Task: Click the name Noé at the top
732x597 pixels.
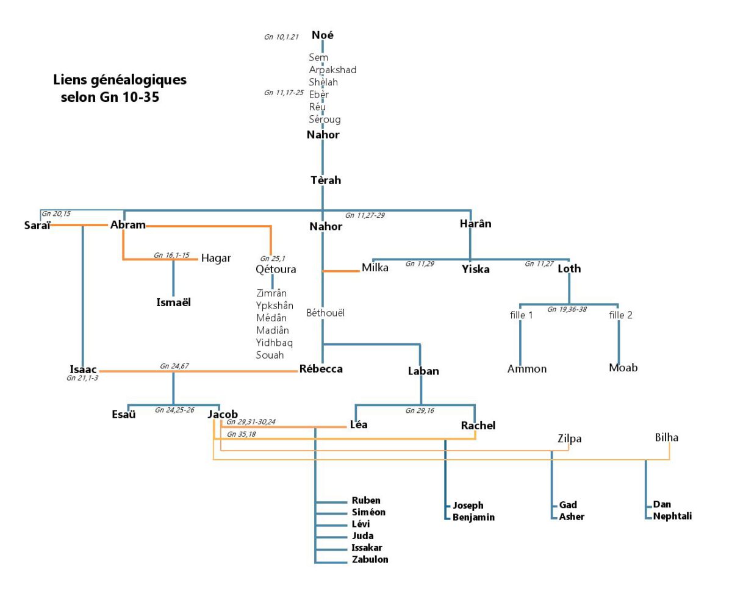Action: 323,35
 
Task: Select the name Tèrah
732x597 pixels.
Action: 323,181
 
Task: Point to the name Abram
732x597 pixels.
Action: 128,225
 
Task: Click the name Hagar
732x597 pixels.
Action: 216,258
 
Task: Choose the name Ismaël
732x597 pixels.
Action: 174,302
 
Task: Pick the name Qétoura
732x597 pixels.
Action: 276,269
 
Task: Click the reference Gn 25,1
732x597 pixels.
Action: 271,258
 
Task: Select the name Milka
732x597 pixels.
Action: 375,268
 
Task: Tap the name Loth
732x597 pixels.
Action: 569,268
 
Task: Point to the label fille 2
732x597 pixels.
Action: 620,315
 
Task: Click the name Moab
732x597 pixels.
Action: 623,368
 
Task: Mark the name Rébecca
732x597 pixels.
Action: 321,369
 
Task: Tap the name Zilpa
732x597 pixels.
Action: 570,438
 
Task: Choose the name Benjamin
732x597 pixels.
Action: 473,518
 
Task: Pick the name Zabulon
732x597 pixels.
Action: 370,559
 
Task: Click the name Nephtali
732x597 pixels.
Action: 672,517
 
